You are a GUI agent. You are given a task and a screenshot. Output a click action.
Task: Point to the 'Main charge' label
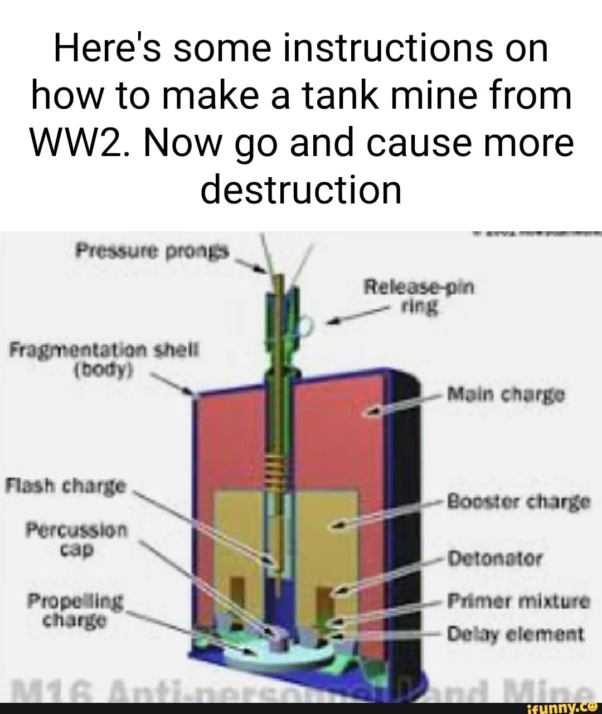point(506,396)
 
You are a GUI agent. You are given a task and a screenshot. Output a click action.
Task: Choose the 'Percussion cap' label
point(77,538)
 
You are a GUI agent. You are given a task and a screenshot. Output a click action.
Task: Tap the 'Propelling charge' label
point(75,610)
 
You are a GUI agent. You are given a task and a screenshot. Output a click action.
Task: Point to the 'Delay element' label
point(516,634)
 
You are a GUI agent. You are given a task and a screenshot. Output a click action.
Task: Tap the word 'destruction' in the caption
point(301,190)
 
